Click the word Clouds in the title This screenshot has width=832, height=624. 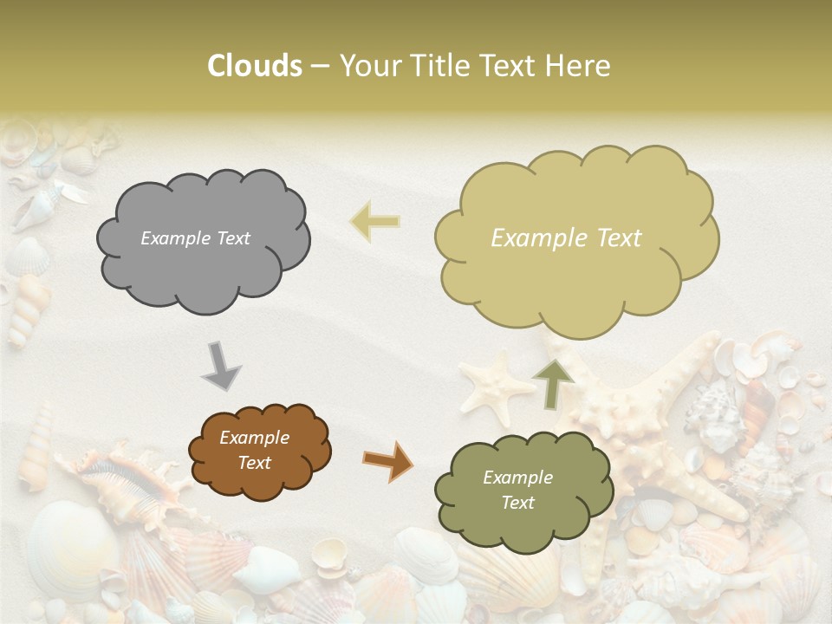(255, 66)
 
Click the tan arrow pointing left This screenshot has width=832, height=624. (375, 221)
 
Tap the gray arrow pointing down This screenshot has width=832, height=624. (221, 366)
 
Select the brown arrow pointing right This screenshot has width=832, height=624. (387, 460)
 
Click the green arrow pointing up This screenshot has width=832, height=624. (552, 384)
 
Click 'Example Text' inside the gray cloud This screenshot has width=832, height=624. (195, 238)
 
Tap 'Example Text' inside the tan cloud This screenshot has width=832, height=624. (566, 238)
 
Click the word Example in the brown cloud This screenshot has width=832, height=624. (254, 438)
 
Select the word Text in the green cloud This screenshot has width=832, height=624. (517, 503)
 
